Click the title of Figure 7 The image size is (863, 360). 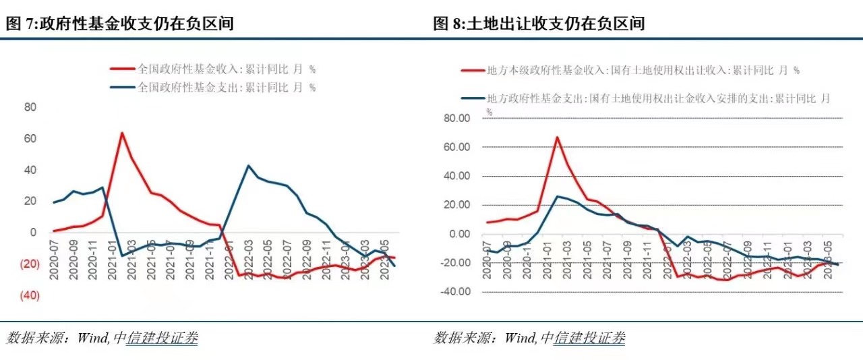121,24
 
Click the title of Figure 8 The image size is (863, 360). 539,24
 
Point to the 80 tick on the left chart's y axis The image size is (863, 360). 30,107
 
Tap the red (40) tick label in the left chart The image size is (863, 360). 30,296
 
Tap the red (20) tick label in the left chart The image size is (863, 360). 30,264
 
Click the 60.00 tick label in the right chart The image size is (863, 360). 455,147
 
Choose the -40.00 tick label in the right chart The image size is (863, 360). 454,292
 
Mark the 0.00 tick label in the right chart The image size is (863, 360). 458,234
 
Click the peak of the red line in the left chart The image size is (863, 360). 122,133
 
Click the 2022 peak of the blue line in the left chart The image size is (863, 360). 248,165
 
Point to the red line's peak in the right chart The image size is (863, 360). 558,138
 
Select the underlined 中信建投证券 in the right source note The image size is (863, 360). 589,337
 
